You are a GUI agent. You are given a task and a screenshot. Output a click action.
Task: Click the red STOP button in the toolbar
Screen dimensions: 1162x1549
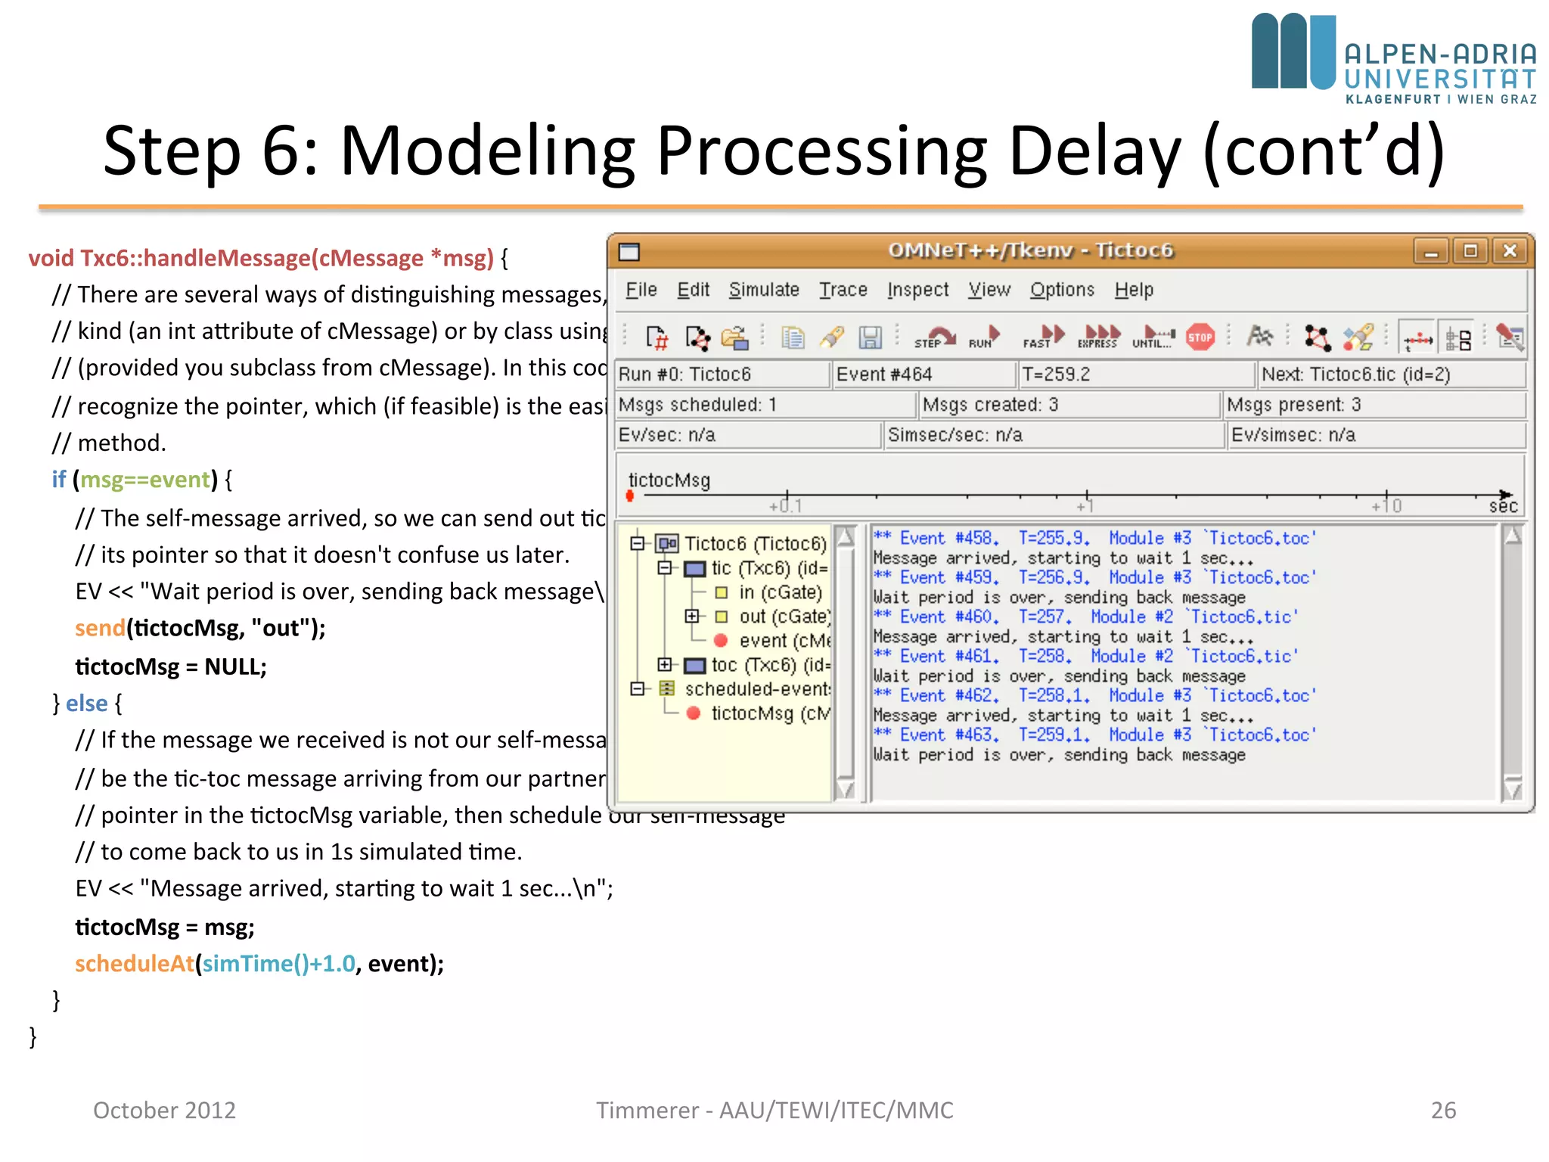[1200, 337]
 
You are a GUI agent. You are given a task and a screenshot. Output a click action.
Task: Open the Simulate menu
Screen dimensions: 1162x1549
[763, 290]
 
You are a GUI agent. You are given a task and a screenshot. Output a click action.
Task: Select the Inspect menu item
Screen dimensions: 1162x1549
[917, 290]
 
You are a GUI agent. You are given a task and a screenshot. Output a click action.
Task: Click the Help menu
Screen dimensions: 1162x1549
[1133, 290]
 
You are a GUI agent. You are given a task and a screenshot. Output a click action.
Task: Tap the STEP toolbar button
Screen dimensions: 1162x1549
[934, 337]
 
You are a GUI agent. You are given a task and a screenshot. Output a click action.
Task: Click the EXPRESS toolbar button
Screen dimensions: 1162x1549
[1098, 337]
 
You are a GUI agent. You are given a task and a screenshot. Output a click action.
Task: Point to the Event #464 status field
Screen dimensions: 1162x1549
[922, 374]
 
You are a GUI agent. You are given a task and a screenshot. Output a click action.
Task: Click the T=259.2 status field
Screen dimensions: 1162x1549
[1135, 374]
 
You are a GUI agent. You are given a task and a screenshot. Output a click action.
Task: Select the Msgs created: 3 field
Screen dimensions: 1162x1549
[1067, 405]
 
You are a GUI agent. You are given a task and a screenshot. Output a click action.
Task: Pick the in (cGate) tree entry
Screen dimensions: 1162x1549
[780, 592]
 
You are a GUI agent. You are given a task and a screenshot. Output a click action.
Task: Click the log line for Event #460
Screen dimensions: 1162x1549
[1085, 617]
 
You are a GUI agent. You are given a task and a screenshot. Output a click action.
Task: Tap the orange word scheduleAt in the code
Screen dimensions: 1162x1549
[135, 964]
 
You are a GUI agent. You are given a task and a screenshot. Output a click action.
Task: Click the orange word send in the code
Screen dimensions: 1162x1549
[99, 628]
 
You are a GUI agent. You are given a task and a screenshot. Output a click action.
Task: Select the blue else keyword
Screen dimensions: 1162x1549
[86, 704]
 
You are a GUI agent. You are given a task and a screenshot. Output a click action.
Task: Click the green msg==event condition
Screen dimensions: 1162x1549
[145, 480]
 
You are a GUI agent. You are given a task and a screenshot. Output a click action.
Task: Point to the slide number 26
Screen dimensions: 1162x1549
[1442, 1110]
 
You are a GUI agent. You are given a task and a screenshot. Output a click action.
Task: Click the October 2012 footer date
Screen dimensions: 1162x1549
[164, 1110]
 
